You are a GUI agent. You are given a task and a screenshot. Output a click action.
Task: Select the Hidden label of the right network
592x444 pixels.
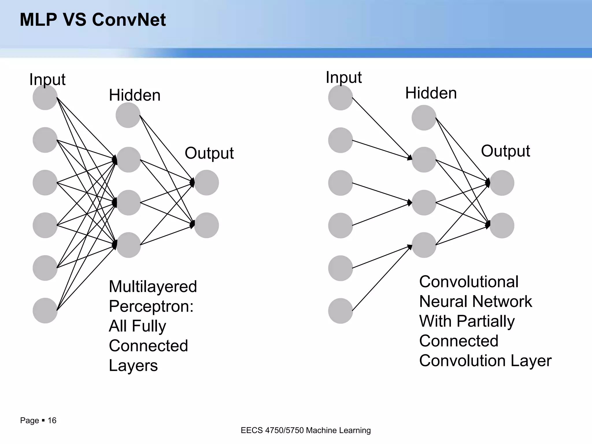coord(431,93)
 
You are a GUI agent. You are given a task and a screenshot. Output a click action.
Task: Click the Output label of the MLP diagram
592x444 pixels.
coord(209,153)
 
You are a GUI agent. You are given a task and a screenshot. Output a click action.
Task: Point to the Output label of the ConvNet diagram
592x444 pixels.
coord(505,151)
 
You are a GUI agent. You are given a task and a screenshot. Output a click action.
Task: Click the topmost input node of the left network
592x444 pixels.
coord(45,97)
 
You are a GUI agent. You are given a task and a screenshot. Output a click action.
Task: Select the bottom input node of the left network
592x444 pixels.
coord(45,310)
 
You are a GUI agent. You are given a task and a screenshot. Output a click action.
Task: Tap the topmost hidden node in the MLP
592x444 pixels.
coord(128,115)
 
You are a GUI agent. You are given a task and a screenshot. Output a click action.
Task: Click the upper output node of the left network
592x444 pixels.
coord(206,183)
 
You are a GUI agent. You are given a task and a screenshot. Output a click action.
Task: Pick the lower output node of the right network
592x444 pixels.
coord(502,225)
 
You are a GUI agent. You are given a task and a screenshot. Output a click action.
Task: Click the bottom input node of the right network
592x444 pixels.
coord(341,311)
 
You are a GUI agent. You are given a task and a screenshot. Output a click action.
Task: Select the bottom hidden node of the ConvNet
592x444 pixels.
coord(424,245)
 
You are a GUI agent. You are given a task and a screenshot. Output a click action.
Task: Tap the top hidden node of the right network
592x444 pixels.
coord(424,118)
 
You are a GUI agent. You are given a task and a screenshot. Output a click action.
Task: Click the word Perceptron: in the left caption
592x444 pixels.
coord(151,306)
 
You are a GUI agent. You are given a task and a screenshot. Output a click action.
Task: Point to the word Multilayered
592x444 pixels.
coord(153,286)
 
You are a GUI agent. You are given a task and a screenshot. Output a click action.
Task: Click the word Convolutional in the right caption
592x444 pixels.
coord(469,282)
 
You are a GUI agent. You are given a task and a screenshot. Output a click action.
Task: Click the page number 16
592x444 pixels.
coord(52,420)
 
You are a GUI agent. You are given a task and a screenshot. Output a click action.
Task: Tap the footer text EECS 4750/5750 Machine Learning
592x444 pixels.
coord(306,430)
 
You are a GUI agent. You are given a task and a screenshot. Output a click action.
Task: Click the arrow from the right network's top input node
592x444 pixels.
coord(382,129)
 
